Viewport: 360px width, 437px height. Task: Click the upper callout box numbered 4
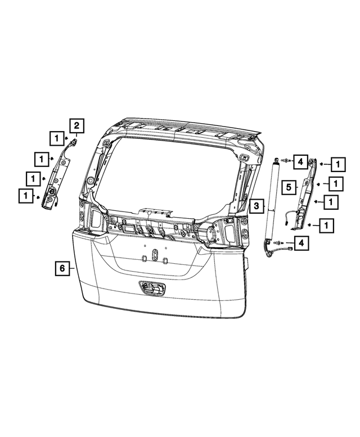pos(300,162)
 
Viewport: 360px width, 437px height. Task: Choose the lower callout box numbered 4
pos(301,242)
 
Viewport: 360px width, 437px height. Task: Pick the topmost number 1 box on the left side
pos(56,137)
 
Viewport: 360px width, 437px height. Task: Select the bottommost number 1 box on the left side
pos(25,196)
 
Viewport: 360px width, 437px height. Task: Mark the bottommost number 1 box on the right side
pos(326,225)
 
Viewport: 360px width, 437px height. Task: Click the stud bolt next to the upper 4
pos(286,161)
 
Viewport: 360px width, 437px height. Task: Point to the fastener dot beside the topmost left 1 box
pos(66,137)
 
